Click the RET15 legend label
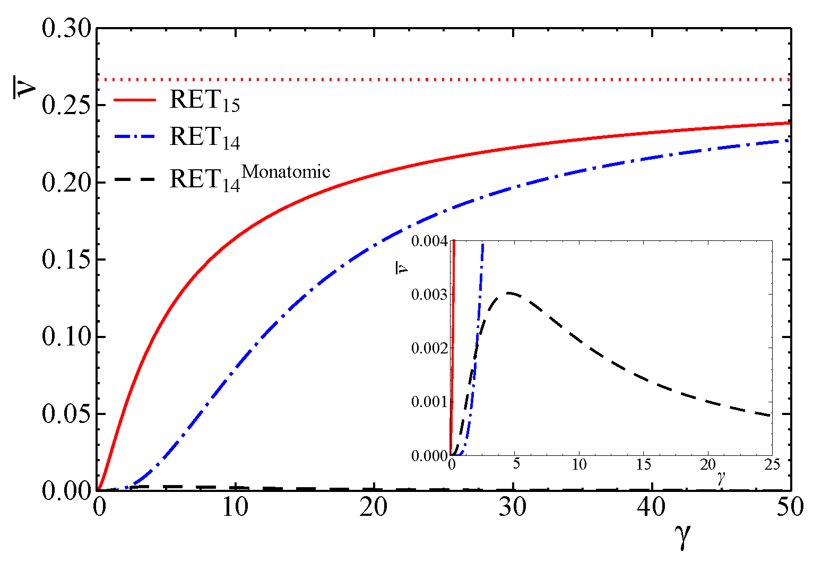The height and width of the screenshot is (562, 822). tap(204, 101)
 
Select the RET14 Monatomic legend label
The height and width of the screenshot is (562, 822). tap(249, 178)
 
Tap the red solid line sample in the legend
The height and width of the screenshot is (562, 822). tap(135, 100)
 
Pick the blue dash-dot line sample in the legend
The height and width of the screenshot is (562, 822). tap(135, 137)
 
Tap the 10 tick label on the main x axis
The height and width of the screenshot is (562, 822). tap(235, 507)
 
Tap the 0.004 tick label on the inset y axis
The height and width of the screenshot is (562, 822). tap(429, 241)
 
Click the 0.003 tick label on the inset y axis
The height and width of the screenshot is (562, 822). tap(429, 295)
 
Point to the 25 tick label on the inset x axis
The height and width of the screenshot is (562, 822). tap(771, 464)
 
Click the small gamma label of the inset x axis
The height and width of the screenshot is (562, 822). tap(721, 478)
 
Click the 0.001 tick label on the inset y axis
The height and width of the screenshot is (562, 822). tap(429, 402)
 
